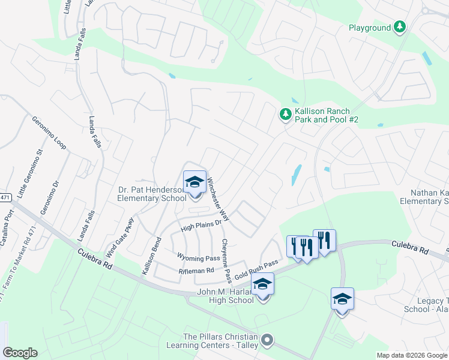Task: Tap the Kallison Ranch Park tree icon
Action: point(286,113)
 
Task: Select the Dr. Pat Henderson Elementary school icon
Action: point(194,182)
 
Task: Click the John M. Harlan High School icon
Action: point(262,284)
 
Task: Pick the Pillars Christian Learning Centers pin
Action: point(268,340)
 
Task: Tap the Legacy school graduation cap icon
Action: point(342,299)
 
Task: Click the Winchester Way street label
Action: point(218,198)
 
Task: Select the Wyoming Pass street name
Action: point(198,257)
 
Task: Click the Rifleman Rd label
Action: point(196,271)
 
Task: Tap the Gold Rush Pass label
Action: point(257,268)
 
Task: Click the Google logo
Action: point(20,352)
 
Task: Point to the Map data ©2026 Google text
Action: point(411,355)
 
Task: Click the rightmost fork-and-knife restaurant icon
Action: point(324,241)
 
